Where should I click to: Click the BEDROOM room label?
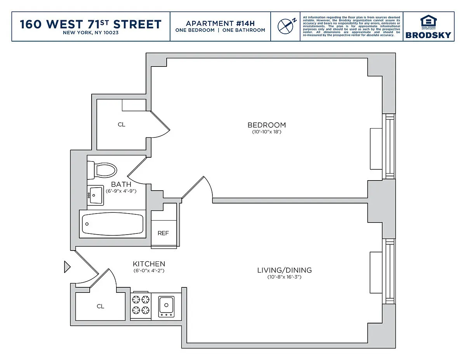pyautogui.click(x=266, y=125)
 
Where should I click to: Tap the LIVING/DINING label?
pyautogui.click(x=284, y=270)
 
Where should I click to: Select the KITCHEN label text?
pyautogui.click(x=149, y=264)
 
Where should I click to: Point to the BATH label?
pyautogui.click(x=121, y=184)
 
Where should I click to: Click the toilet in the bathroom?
pyautogui.click(x=102, y=170)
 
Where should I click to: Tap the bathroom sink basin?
pyautogui.click(x=96, y=195)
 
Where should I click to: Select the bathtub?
pyautogui.click(x=113, y=224)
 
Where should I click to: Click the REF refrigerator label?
pyautogui.click(x=163, y=233)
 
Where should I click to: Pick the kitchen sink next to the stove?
pyautogui.click(x=166, y=307)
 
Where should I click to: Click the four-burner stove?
pyautogui.click(x=141, y=305)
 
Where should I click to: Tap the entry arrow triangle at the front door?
pyautogui.click(x=67, y=267)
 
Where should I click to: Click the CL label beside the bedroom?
pyautogui.click(x=122, y=125)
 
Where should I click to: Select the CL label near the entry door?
pyautogui.click(x=100, y=306)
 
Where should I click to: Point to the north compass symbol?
pyautogui.click(x=287, y=26)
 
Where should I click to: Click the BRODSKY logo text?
pyautogui.click(x=428, y=35)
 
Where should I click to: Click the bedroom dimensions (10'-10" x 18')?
pyautogui.click(x=266, y=132)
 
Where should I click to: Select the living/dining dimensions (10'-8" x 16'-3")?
pyautogui.click(x=284, y=277)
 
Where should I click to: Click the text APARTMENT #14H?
pyautogui.click(x=220, y=23)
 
